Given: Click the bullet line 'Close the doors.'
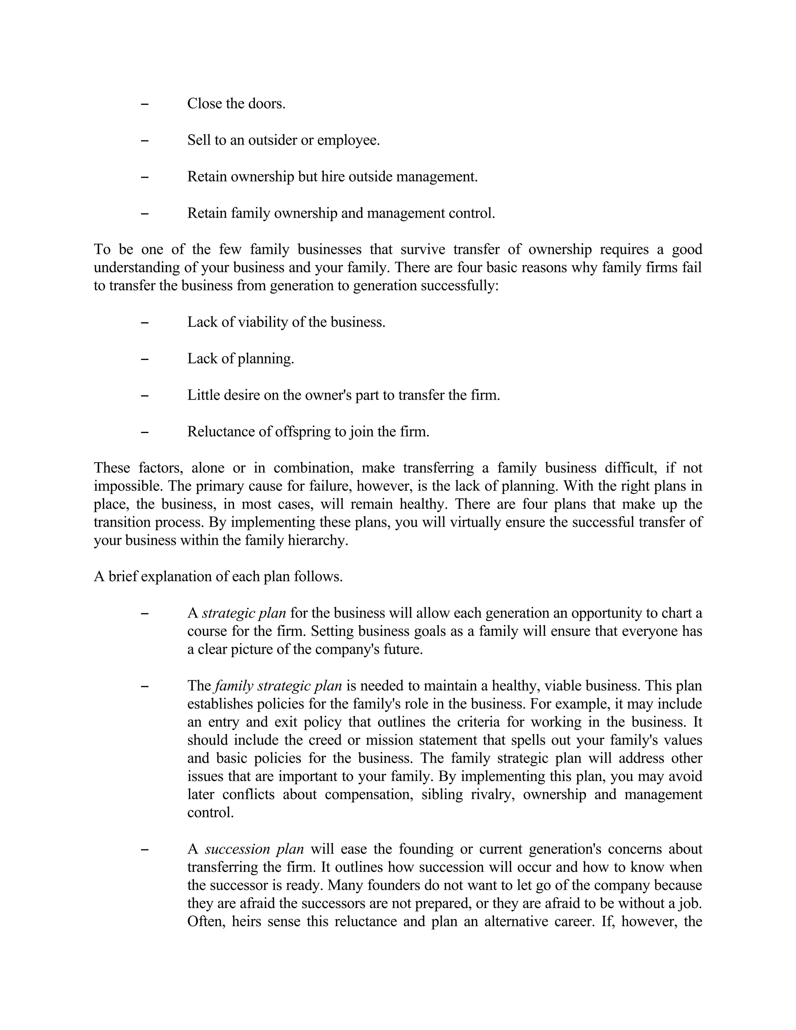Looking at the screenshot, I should [236, 103].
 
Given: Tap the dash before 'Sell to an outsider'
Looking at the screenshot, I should [145, 140].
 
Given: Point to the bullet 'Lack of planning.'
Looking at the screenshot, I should [241, 358].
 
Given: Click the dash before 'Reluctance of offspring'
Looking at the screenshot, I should [145, 431].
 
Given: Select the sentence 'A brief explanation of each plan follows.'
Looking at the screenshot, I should [218, 577].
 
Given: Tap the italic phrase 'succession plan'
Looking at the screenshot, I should [254, 849].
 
